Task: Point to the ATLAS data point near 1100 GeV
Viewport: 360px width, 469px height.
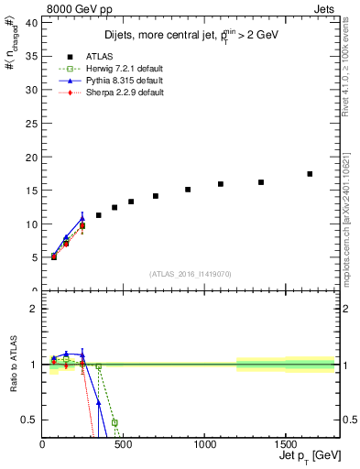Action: [x=221, y=184]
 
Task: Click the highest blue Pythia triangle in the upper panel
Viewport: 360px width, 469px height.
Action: [x=82, y=218]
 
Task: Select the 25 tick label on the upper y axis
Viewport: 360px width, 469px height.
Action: [x=31, y=124]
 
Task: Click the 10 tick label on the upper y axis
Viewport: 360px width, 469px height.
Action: [x=31, y=224]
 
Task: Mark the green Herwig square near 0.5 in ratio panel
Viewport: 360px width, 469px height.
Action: [x=115, y=422]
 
